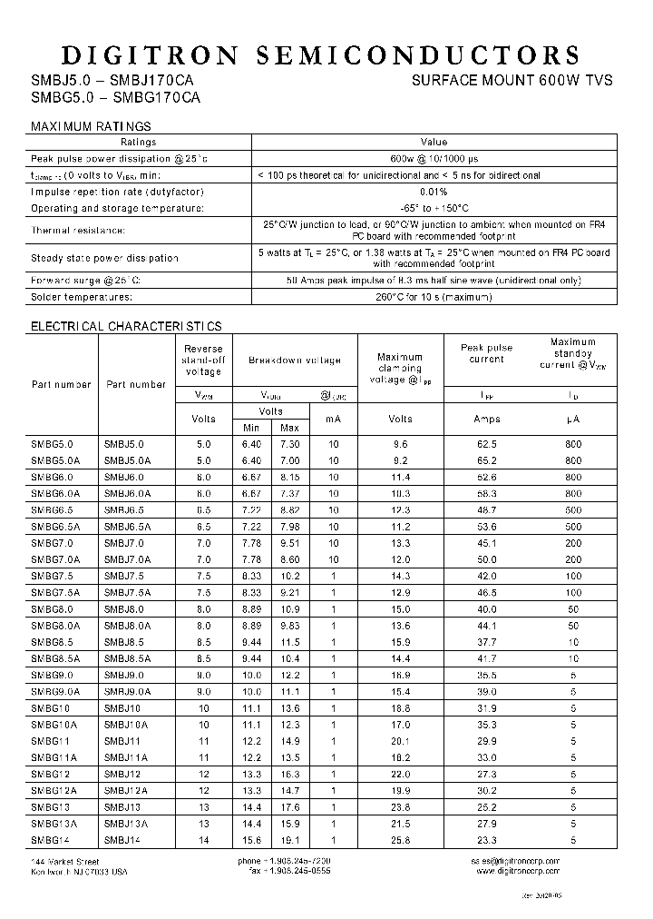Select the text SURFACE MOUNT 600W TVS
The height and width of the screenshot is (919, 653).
pyautogui.click(x=512, y=80)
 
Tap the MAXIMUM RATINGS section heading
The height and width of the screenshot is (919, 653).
pyautogui.click(x=91, y=126)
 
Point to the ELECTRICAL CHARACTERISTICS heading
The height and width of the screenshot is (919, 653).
pyautogui.click(x=126, y=325)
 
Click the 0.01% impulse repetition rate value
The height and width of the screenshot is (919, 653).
pyautogui.click(x=434, y=192)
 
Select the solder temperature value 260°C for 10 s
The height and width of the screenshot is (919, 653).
pyautogui.click(x=434, y=297)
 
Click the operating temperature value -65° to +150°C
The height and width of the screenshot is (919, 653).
pyautogui.click(x=434, y=208)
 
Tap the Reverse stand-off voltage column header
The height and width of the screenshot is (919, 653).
pyautogui.click(x=203, y=360)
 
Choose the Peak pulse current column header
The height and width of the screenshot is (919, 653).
pyautogui.click(x=486, y=353)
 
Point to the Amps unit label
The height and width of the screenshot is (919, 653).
pyautogui.click(x=486, y=419)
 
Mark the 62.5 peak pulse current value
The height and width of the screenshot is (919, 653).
pyautogui.click(x=486, y=444)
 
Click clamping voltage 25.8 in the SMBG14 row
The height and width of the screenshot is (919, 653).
pyautogui.click(x=400, y=840)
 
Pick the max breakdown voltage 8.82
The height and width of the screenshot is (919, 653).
pyautogui.click(x=289, y=510)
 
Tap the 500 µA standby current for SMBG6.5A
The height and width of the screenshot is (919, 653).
pyautogui.click(x=573, y=527)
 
